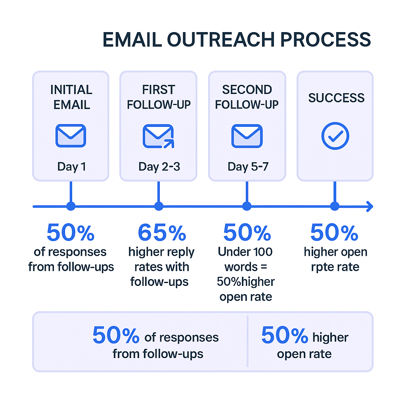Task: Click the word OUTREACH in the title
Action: pyautogui.click(x=220, y=40)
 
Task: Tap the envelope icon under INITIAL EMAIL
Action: pyautogui.click(x=71, y=136)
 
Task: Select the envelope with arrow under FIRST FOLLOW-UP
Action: pyautogui.click(x=159, y=136)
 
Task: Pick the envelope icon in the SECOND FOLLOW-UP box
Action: pyautogui.click(x=247, y=136)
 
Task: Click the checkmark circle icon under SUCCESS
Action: pyautogui.click(x=335, y=136)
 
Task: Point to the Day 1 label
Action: pyautogui.click(x=71, y=167)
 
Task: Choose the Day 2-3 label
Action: pyautogui.click(x=159, y=167)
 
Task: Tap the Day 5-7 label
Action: pyautogui.click(x=248, y=167)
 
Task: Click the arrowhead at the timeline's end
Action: pyautogui.click(x=370, y=206)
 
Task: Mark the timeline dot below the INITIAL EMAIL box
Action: pyautogui.click(x=71, y=206)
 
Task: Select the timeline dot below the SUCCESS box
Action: pyautogui.click(x=335, y=206)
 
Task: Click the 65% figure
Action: pyautogui.click(x=162, y=232)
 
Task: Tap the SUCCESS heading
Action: pyautogui.click(x=336, y=98)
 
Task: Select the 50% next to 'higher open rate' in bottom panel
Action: pyautogui.click(x=285, y=335)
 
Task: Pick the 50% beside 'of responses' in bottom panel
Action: pyautogui.click(x=116, y=335)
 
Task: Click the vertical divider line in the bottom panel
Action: pyautogui.click(x=247, y=341)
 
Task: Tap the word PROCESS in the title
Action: pyautogui.click(x=326, y=40)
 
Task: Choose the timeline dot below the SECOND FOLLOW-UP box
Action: pyautogui.click(x=247, y=206)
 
